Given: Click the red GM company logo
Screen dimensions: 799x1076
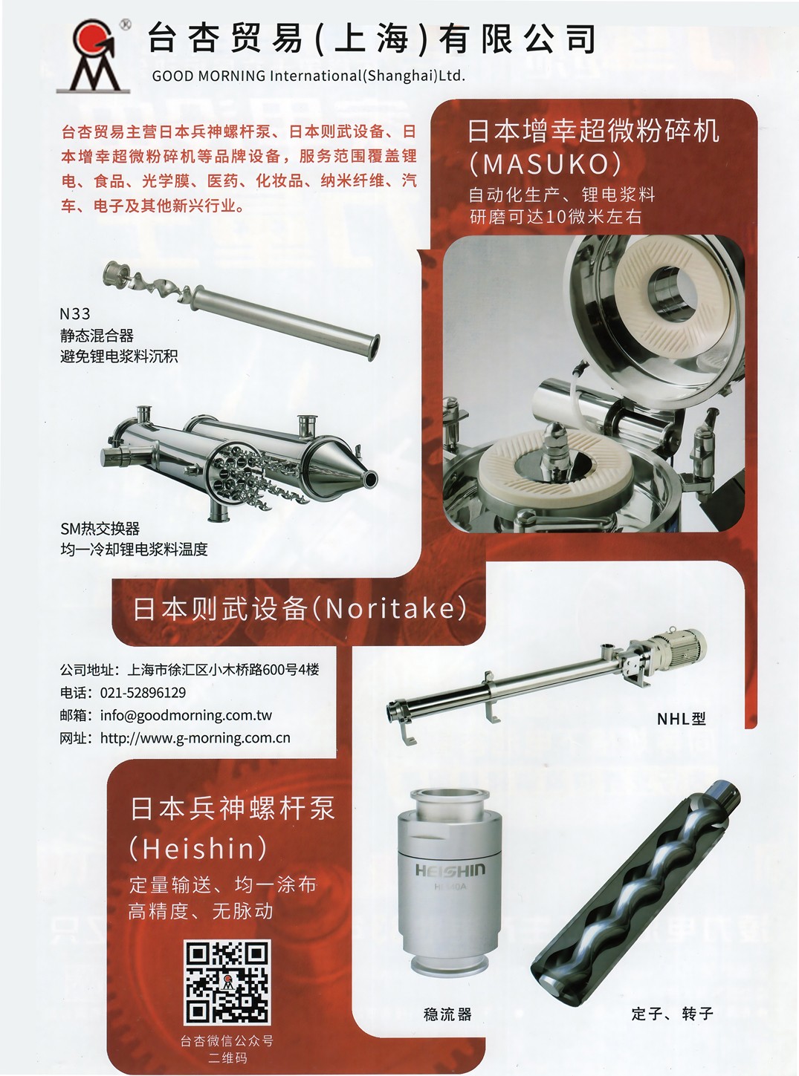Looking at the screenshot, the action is [93, 56].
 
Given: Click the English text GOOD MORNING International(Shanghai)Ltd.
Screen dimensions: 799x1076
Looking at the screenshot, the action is [308, 76].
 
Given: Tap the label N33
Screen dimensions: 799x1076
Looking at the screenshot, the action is [75, 314].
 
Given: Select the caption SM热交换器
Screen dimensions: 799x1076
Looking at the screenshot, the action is [100, 528].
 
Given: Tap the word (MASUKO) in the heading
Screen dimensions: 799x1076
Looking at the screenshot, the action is [545, 164].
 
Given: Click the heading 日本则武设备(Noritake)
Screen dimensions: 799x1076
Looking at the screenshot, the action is [300, 609].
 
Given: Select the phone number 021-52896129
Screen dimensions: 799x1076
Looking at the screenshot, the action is [143, 692].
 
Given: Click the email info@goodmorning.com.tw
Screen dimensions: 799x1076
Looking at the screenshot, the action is [186, 715].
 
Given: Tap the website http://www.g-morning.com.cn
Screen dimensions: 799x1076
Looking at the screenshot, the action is [195, 738].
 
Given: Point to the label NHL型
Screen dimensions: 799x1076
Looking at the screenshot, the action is [682, 719].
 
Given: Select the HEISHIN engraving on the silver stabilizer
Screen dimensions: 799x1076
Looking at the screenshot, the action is [450, 870].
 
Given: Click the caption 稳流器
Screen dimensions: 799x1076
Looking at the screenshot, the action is [447, 1014].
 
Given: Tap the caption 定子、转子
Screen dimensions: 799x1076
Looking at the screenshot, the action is [672, 1014].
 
